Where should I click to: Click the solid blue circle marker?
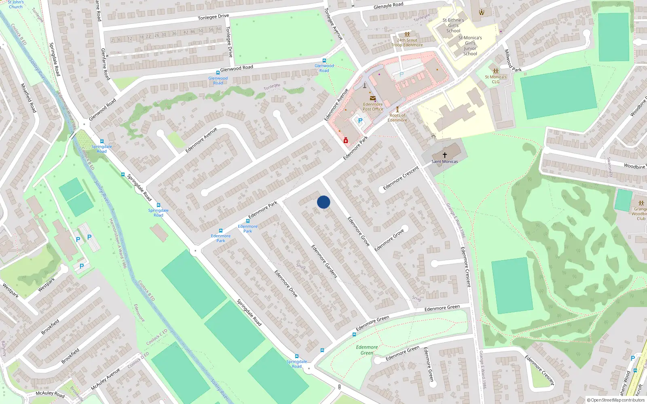pos(323,202)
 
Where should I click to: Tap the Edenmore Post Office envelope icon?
pos(372,99)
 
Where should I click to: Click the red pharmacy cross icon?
pos(346,141)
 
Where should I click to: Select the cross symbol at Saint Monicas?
pos(444,155)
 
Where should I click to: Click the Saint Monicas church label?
pos(444,162)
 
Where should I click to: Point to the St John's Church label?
pos(16,4)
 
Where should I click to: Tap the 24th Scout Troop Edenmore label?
pos(407,42)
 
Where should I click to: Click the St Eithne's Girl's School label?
pos(453,25)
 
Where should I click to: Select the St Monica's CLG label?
pos(495,79)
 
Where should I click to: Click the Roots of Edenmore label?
pos(397,118)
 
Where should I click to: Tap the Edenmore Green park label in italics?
pos(367,350)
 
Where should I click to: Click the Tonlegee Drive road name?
pos(213,17)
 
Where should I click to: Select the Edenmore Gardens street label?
pos(324,261)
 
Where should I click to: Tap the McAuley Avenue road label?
pos(106,379)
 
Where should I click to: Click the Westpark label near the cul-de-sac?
pos(47,285)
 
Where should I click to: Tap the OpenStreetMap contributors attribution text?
pos(616,400)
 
